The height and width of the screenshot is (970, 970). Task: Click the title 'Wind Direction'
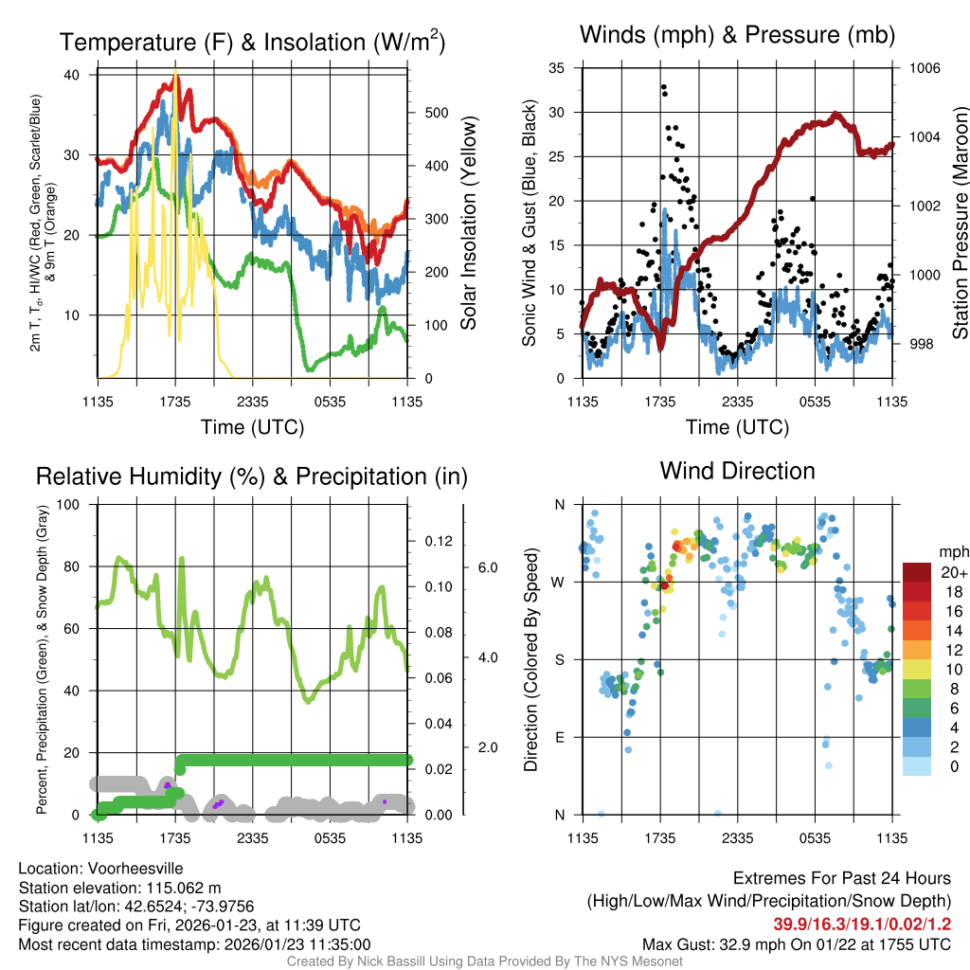737,471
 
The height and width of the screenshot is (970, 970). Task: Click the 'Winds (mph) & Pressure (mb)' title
737,36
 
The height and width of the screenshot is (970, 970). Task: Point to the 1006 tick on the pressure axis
924,68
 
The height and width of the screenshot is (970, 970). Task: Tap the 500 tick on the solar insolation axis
436,113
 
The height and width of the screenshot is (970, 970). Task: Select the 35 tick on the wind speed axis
557,68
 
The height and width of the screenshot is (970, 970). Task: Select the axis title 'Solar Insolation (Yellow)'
468,224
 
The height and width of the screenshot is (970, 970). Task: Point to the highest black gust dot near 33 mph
664,87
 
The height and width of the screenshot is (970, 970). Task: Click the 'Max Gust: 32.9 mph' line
797,943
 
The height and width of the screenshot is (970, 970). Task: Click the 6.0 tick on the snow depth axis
487,567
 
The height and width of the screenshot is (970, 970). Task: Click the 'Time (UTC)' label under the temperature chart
252,427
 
